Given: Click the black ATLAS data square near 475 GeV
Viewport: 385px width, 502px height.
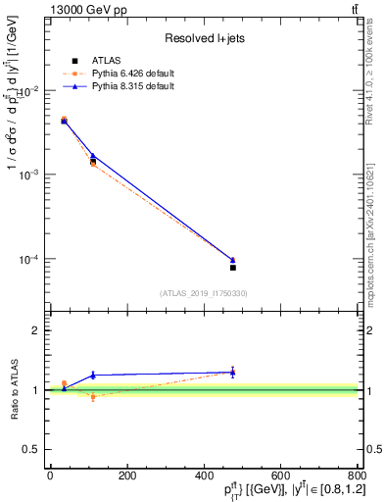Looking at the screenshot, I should click(233, 267).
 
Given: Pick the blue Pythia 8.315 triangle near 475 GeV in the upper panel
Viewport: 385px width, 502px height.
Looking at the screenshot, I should click(233, 260).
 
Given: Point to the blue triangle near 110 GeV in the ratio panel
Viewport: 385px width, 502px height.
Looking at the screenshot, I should click(93, 375).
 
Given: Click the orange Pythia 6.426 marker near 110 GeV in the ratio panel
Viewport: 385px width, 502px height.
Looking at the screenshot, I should click(93, 397).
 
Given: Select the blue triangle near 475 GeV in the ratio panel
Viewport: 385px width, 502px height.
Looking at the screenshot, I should click(233, 372).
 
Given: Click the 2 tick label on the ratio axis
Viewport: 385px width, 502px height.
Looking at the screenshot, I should click(37, 331).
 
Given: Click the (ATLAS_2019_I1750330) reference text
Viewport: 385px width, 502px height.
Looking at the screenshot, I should click(203, 293).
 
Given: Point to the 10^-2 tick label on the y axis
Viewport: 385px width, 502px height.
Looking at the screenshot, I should click(28, 90).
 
